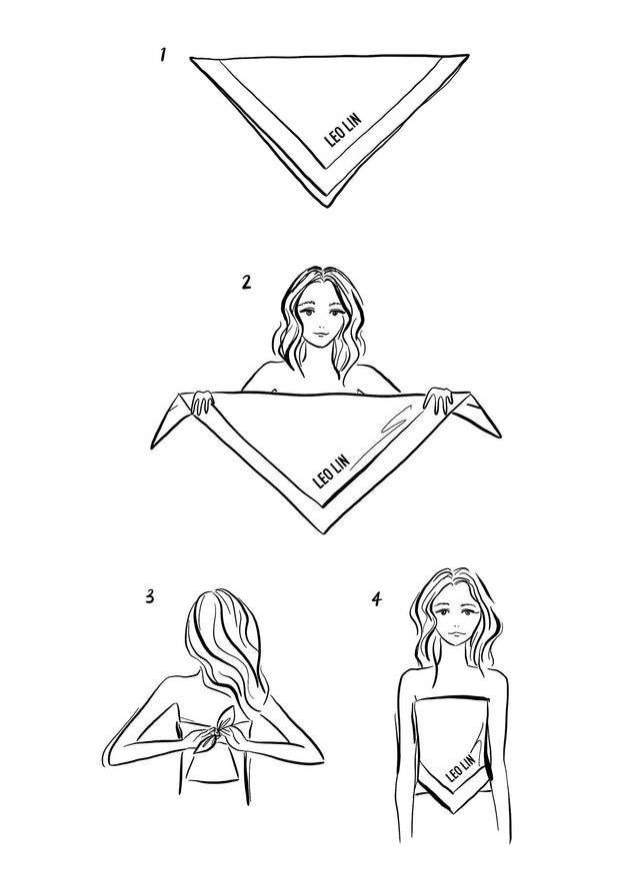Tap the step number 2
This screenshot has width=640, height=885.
pyautogui.click(x=245, y=281)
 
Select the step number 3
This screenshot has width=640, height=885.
pyautogui.click(x=149, y=597)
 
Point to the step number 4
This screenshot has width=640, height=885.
pyautogui.click(x=376, y=599)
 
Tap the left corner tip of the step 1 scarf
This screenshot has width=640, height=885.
pyautogui.click(x=192, y=60)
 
